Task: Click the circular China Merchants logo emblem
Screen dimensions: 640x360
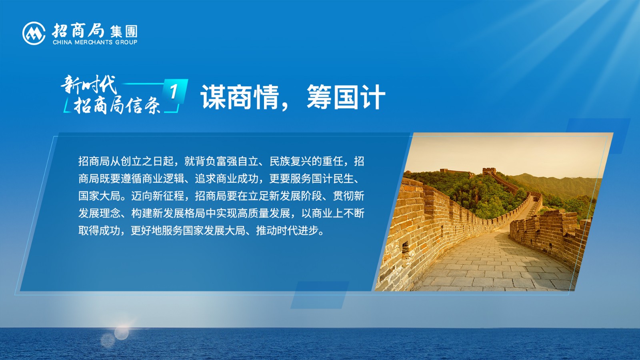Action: click(34, 34)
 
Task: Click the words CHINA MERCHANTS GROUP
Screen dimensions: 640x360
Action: click(95, 42)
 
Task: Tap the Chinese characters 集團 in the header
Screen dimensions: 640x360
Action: click(124, 32)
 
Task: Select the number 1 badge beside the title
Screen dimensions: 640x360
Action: click(174, 92)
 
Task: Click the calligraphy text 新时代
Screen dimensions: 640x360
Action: click(89, 84)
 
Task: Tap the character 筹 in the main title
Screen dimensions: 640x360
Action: click(320, 97)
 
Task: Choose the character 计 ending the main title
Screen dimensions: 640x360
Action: click(373, 97)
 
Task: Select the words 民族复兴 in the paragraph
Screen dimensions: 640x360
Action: click(290, 162)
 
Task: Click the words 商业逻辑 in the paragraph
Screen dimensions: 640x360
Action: click(163, 179)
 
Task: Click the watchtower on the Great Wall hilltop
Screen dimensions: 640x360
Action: click(489, 172)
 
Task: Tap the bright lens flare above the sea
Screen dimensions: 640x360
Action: click(122, 333)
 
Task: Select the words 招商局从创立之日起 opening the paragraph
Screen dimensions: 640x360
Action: click(126, 162)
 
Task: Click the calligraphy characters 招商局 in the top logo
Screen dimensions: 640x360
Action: click(78, 30)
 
